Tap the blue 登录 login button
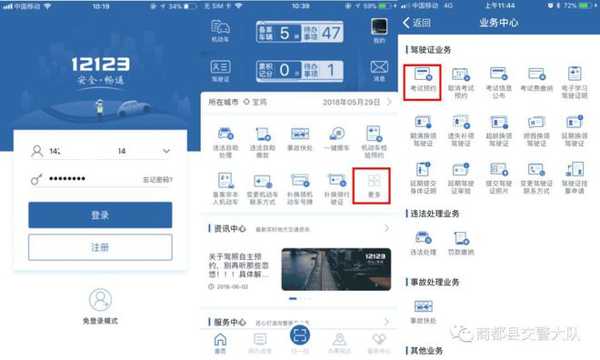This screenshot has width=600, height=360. (100, 215)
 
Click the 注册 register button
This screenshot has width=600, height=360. (100, 247)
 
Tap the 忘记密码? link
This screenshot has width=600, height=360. (157, 180)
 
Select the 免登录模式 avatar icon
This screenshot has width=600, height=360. (100, 300)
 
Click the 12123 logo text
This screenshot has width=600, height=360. (101, 66)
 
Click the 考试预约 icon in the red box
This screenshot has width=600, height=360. (421, 80)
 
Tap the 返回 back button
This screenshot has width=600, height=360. (417, 23)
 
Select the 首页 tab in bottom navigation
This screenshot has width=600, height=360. (220, 343)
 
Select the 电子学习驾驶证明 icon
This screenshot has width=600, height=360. (574, 80)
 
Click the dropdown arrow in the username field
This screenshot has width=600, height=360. (165, 151)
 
